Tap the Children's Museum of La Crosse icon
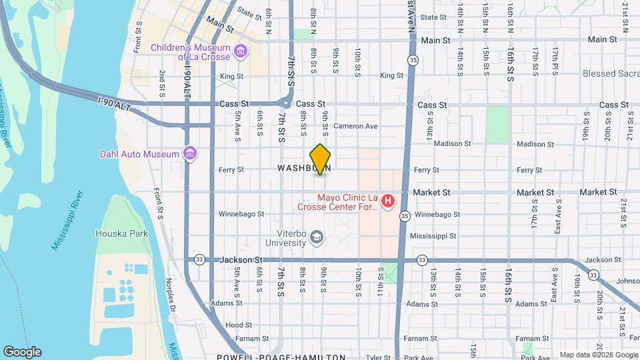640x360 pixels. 241,49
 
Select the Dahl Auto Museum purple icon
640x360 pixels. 191,154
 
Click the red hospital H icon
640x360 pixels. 387,200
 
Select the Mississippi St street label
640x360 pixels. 433,236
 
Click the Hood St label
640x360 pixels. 238,325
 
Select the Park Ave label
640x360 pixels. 418,357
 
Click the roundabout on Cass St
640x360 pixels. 286,104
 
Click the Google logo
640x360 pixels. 22,351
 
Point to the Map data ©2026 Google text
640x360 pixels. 597,355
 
